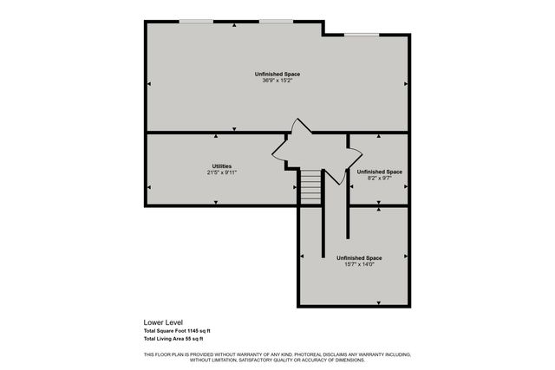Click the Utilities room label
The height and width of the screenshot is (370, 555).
pos(221,166)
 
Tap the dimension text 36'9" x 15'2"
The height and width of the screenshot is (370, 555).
pos(277,81)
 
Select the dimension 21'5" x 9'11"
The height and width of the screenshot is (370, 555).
pos(221,172)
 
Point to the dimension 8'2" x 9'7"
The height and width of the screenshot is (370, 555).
pos(379,178)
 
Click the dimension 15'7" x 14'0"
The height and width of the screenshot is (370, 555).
pos(359,264)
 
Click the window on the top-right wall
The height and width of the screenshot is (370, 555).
pos(361,35)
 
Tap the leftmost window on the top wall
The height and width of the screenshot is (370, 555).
pos(196,21)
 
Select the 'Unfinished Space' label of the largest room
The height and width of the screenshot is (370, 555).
pos(277,74)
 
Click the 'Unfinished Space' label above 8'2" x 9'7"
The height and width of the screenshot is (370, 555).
pos(379,171)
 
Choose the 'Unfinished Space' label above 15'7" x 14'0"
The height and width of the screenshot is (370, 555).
pos(359,257)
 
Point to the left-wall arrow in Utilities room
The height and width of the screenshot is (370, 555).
pos(149,186)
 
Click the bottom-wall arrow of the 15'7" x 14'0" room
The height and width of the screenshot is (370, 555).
pos(379,302)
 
